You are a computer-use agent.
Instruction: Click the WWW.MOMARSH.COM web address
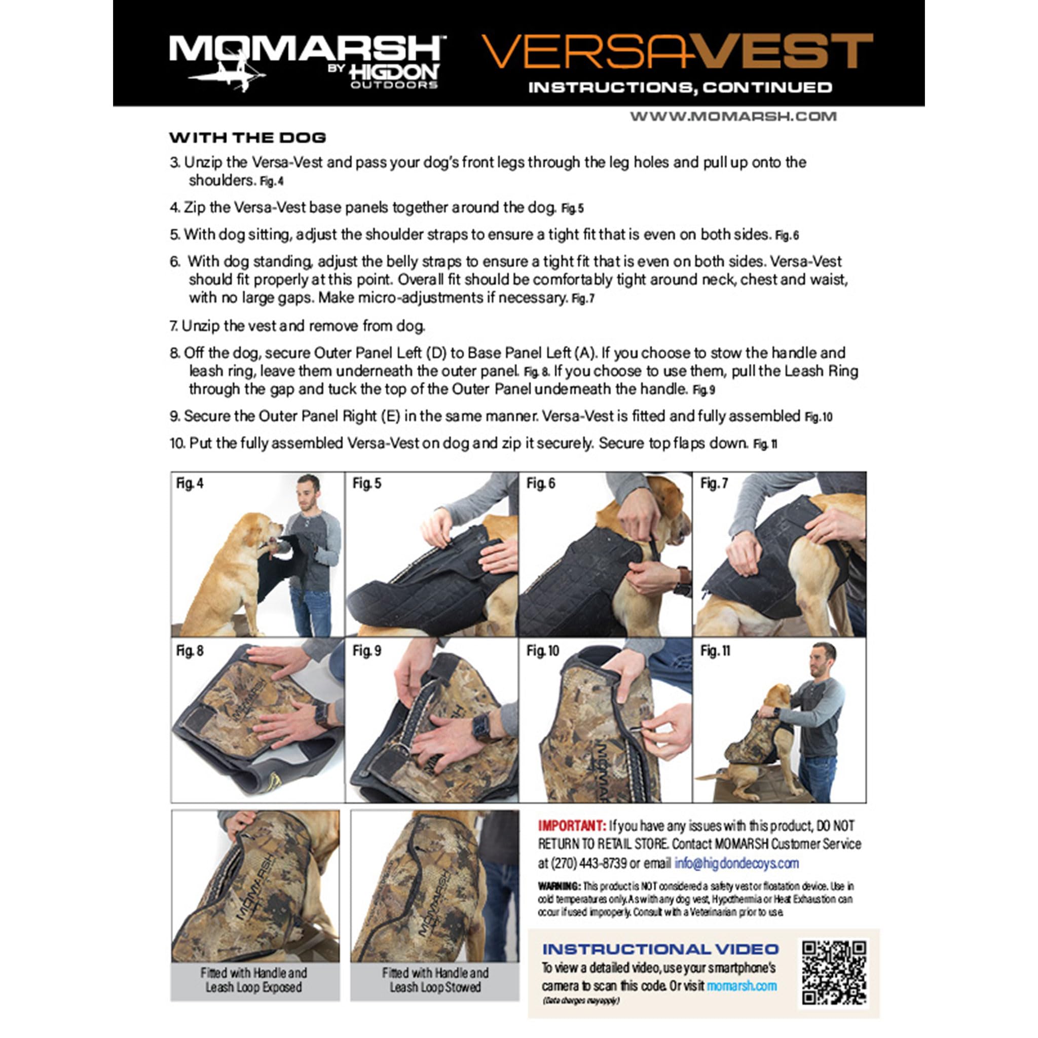tap(733, 117)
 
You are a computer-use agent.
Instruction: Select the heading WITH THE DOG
tap(248, 137)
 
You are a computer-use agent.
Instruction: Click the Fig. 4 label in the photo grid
tap(190, 484)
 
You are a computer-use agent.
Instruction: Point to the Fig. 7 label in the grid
tap(714, 484)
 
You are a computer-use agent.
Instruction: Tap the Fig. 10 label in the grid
tap(542, 651)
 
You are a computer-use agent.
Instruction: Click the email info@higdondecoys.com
tap(736, 863)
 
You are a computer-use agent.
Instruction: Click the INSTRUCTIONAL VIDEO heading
tap(660, 949)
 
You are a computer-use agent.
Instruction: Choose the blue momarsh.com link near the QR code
tap(742, 986)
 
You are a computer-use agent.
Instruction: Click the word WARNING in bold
tap(559, 886)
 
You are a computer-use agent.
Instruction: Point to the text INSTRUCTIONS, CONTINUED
tap(680, 88)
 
